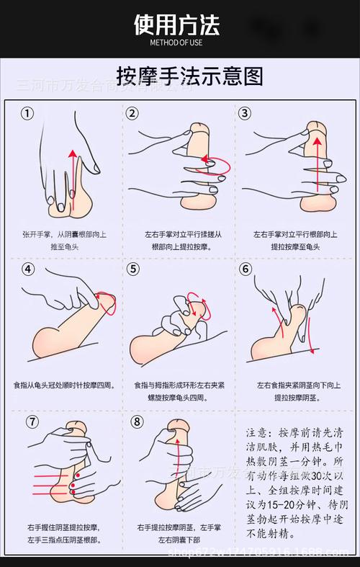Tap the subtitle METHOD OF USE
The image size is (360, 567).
[x=176, y=43]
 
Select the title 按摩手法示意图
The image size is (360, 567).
[x=180, y=76]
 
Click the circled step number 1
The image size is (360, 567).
[x=27, y=113]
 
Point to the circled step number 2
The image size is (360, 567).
[x=132, y=113]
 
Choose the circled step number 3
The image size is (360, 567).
[x=245, y=113]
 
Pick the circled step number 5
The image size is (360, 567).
[x=132, y=269]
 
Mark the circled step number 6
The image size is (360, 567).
[x=246, y=269]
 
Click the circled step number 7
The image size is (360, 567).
[x=32, y=421]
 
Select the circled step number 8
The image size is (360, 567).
[x=137, y=421]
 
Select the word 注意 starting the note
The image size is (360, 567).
[x=257, y=433]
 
